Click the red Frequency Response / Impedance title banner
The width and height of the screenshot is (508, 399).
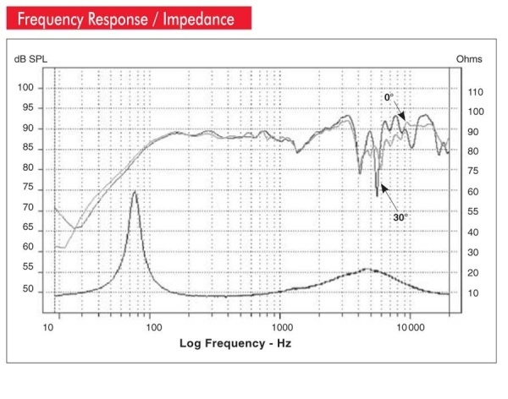pyautogui.click(x=127, y=17)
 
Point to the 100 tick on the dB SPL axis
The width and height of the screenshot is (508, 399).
pyautogui.click(x=28, y=88)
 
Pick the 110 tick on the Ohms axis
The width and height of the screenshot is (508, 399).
pyautogui.click(x=475, y=91)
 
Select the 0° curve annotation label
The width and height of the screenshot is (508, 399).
pyautogui.click(x=389, y=98)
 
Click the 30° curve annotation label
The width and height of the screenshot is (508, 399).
pyautogui.click(x=400, y=217)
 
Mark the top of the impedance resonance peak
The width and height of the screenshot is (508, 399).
pyautogui.click(x=135, y=192)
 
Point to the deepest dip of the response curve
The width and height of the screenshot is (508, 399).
pyautogui.click(x=377, y=196)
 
